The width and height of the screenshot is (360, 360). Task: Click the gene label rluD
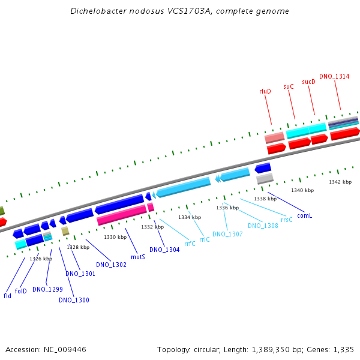click(265, 91)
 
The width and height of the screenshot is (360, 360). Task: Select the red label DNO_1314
click(334, 76)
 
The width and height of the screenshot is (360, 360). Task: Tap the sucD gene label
click(308, 82)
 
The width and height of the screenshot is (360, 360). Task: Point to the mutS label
click(138, 257)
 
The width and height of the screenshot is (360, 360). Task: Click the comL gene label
click(304, 215)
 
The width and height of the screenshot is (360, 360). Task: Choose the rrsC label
click(287, 220)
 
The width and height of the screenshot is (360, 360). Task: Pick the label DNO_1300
click(74, 300)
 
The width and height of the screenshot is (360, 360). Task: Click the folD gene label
click(20, 291)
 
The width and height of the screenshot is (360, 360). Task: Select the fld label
click(7, 296)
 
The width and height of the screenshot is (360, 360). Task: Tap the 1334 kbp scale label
click(190, 217)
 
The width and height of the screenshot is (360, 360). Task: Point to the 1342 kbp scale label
click(340, 182)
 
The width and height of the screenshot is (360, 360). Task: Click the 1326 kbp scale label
click(41, 259)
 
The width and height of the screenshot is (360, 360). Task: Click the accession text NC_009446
click(65, 349)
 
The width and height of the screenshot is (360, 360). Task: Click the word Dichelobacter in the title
click(98, 11)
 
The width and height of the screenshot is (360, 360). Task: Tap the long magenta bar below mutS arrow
click(121, 215)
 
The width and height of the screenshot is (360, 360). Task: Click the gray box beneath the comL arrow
click(265, 179)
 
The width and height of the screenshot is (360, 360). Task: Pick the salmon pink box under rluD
click(274, 137)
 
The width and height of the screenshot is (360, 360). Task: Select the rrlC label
click(205, 239)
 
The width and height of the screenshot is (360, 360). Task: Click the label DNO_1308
click(263, 226)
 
